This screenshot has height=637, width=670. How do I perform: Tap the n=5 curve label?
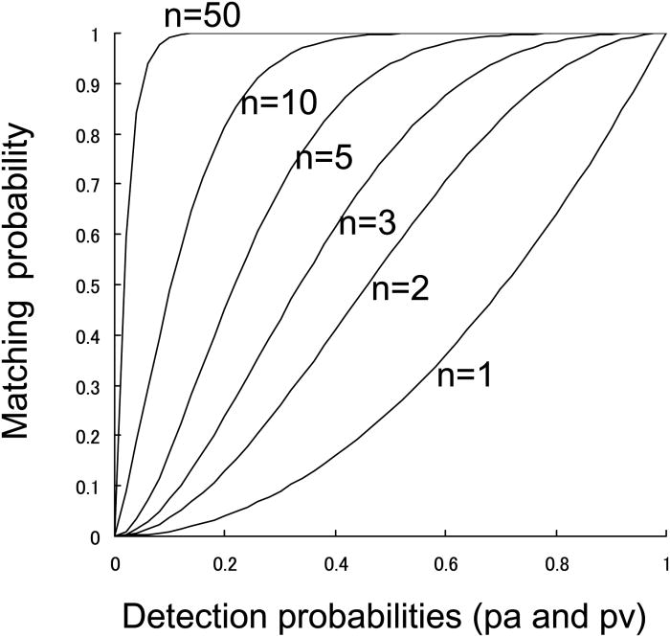(x=324, y=158)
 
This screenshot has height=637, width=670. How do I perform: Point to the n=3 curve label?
(x=368, y=225)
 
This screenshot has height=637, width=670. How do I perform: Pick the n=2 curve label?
(x=400, y=288)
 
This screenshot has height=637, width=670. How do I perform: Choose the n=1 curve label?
(x=465, y=376)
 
